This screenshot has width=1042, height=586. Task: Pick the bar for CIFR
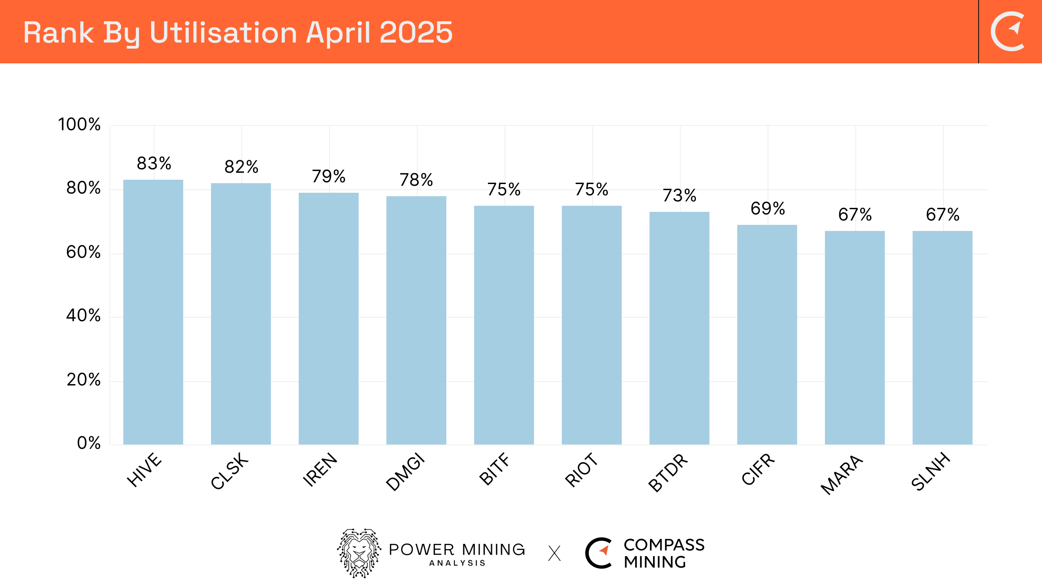767,334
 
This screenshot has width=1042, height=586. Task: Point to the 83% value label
154,164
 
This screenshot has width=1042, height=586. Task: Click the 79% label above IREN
329,177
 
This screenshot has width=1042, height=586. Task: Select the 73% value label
679,196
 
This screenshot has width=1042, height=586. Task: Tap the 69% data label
768,209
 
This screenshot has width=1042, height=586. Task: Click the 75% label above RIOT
592,190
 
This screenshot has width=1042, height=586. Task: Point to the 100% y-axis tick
79,125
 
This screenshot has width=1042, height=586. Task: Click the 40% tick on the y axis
83,316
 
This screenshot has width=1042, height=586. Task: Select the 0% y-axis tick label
89,443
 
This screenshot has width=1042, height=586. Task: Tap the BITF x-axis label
495,469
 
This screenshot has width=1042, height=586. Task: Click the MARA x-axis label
841,474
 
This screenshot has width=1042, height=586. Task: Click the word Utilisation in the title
223,33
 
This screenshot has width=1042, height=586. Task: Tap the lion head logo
359,553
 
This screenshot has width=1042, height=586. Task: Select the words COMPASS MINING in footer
663,553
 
